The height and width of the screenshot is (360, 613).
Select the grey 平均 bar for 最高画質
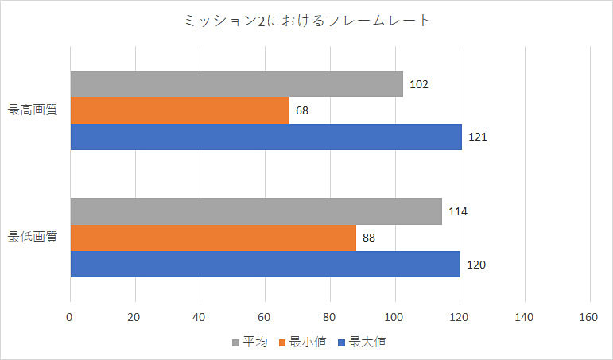click(x=236, y=84)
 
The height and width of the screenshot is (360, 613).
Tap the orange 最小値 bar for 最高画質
click(x=180, y=110)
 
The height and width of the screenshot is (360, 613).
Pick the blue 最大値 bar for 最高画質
click(x=266, y=137)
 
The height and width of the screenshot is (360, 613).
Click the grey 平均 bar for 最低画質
click(x=255, y=211)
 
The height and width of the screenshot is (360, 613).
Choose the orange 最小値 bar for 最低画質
click(x=213, y=238)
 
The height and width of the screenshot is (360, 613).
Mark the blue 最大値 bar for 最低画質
click(x=265, y=264)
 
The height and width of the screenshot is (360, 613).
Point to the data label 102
click(x=420, y=84)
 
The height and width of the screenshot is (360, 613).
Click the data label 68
click(x=303, y=110)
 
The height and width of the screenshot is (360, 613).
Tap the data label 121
click(x=477, y=137)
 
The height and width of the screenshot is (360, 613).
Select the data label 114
click(x=458, y=211)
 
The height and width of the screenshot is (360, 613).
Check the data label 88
click(x=368, y=238)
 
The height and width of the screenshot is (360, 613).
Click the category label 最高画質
click(x=33, y=110)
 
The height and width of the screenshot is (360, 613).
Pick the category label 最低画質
click(x=33, y=237)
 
